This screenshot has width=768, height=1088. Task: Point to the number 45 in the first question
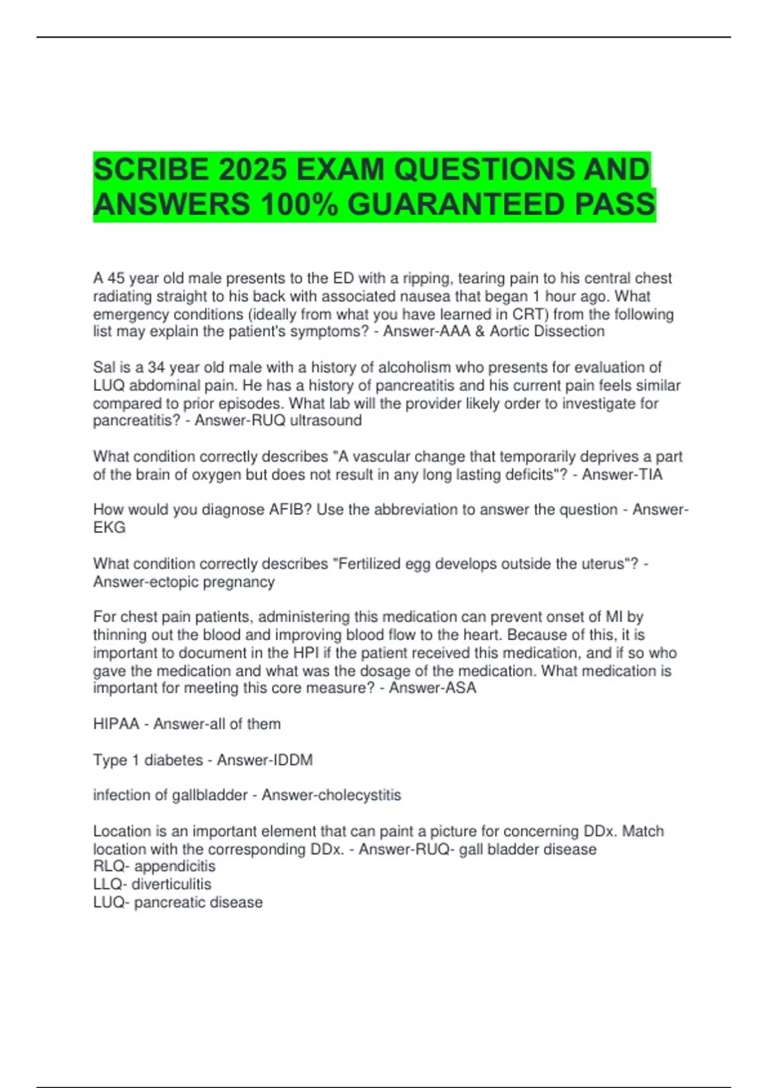tap(116, 278)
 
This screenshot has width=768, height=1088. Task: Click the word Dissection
tap(569, 332)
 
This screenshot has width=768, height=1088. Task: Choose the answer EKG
tap(109, 528)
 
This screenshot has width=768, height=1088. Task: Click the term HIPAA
tap(116, 724)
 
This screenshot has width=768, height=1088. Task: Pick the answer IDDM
tap(293, 760)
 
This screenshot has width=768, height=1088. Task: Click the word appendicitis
tap(175, 867)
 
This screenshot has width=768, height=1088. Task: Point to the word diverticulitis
tap(172, 884)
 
